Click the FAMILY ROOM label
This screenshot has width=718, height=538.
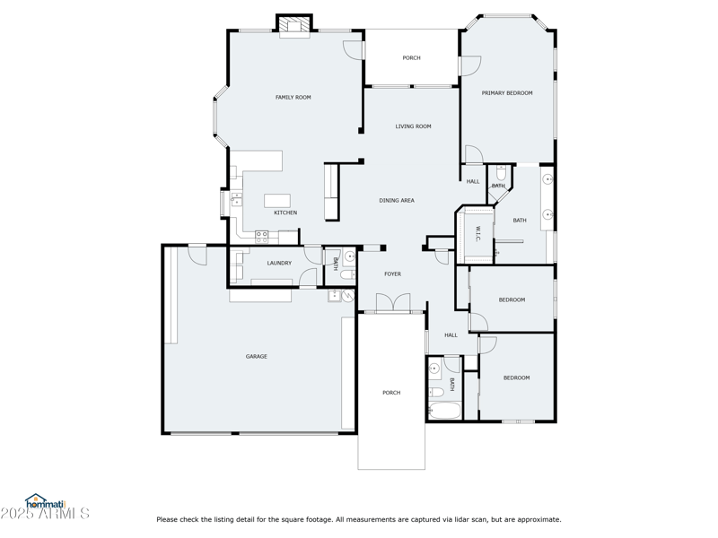click(293, 97)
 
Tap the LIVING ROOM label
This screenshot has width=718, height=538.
click(413, 126)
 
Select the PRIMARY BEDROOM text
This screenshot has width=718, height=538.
click(507, 93)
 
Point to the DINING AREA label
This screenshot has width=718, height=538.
click(396, 201)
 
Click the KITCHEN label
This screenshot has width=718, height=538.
click(285, 213)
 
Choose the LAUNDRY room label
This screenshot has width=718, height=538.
click(279, 263)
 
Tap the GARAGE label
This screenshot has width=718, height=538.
click(257, 357)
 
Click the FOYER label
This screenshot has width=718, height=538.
click(392, 274)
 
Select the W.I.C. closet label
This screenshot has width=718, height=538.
click(477, 234)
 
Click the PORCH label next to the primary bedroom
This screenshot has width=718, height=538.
click(411, 58)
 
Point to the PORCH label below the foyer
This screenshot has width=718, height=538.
click(391, 393)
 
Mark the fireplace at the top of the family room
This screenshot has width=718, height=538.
click(293, 26)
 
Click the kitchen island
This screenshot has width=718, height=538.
click(279, 200)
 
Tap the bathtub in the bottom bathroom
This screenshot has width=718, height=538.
click(444, 412)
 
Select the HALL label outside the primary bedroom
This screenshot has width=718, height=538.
click(473, 181)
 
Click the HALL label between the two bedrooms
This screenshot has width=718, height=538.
click(451, 335)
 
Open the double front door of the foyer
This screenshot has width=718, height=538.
click(392, 305)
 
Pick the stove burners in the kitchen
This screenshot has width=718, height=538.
click(261, 236)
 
